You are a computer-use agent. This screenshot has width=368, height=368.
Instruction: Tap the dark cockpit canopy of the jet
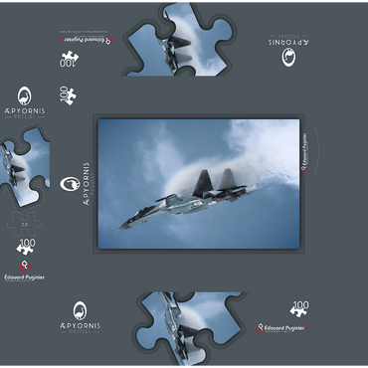[148, 208]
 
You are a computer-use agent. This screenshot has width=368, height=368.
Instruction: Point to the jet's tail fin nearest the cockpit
[205, 180]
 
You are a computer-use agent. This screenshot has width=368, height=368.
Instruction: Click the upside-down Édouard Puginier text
[84, 39]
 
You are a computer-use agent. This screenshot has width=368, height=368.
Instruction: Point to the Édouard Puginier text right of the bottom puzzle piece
[283, 326]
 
